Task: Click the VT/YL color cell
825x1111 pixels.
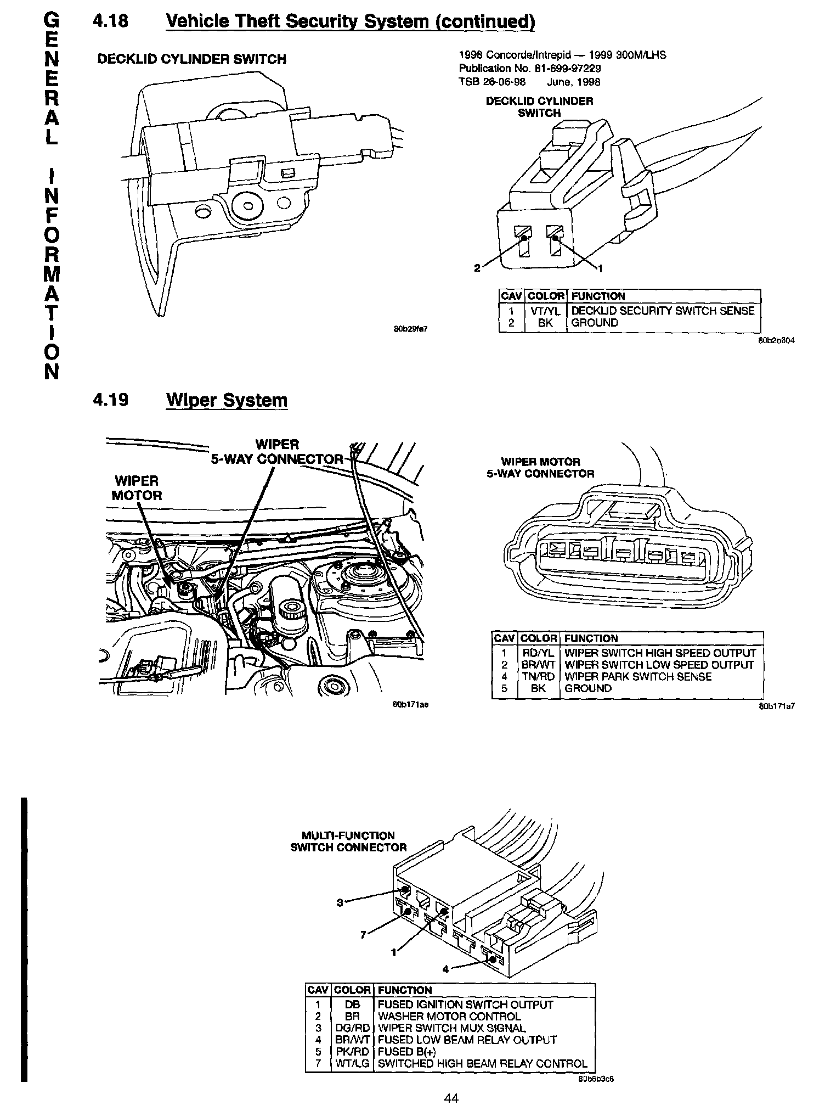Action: [x=545, y=311]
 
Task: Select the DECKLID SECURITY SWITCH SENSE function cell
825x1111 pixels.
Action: [x=663, y=311]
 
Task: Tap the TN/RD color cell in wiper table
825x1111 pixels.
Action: [x=538, y=676]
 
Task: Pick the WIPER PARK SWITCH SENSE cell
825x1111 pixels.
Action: [x=637, y=676]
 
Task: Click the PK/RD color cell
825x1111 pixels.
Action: [x=352, y=1051]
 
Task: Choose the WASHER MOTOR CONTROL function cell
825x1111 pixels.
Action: [x=449, y=1016]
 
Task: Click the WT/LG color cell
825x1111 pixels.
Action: [x=352, y=1063]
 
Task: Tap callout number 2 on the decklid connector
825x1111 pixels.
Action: [x=477, y=268]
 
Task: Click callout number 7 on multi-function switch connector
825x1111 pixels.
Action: [x=363, y=935]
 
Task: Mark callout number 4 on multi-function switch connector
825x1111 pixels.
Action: [x=445, y=969]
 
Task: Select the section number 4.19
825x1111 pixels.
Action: [x=111, y=400]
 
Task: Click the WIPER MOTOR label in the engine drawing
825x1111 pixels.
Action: [x=137, y=488]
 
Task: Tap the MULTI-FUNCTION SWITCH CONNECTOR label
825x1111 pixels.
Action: [x=348, y=841]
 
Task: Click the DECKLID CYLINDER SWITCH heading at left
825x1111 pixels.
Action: [x=191, y=59]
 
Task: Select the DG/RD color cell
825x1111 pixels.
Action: [x=352, y=1028]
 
